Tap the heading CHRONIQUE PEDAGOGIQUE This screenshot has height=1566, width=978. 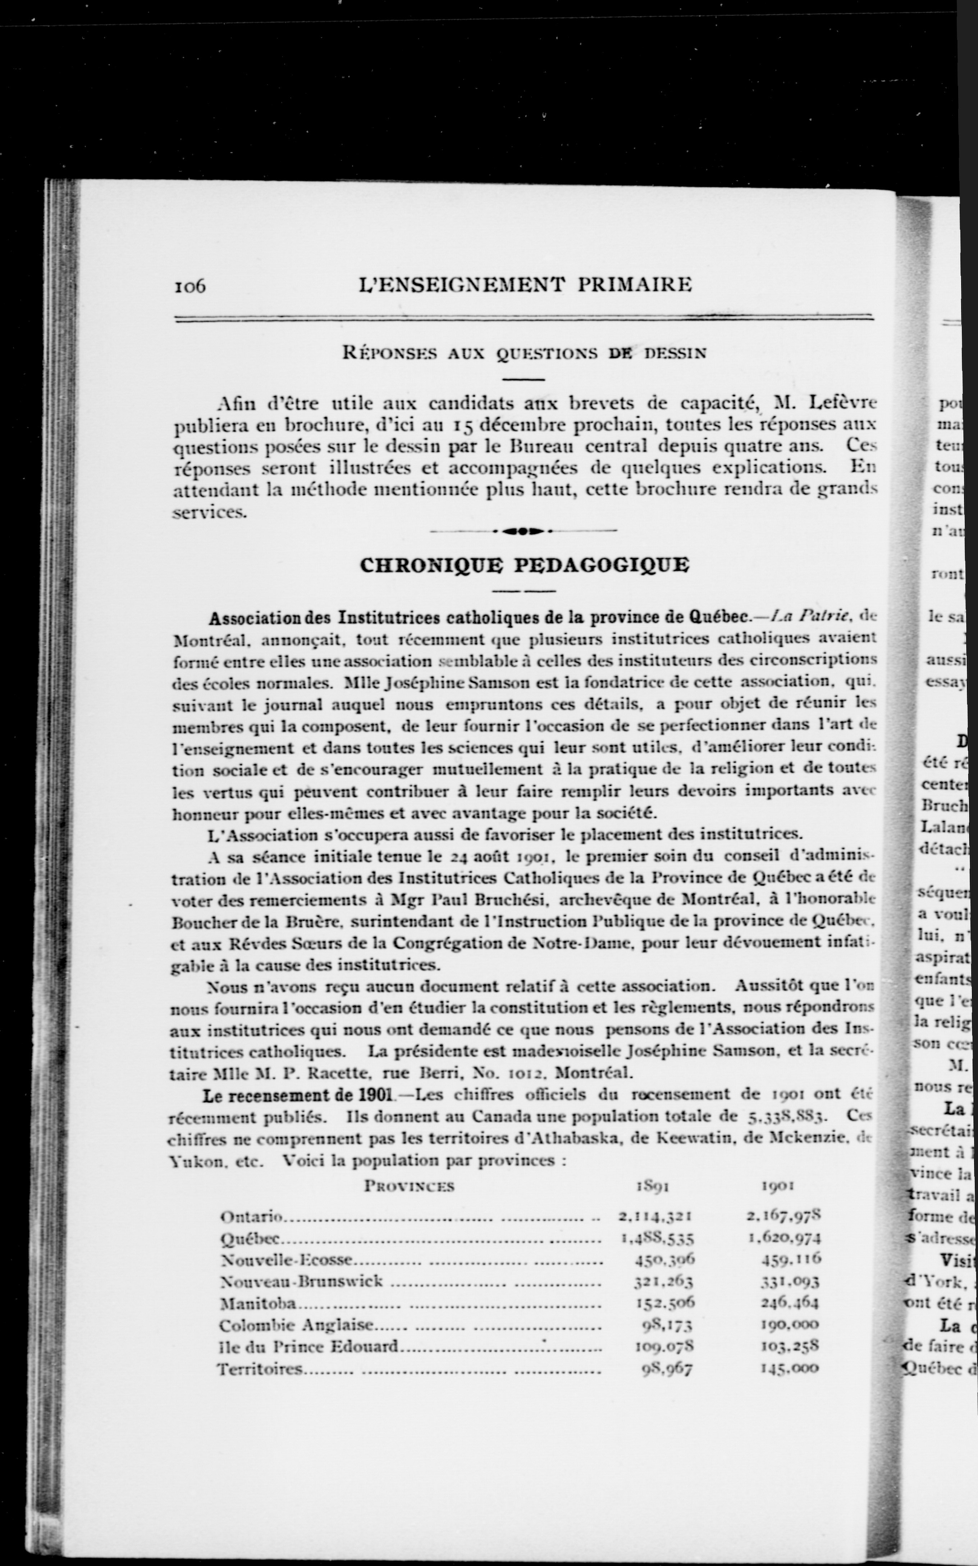(x=524, y=565)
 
